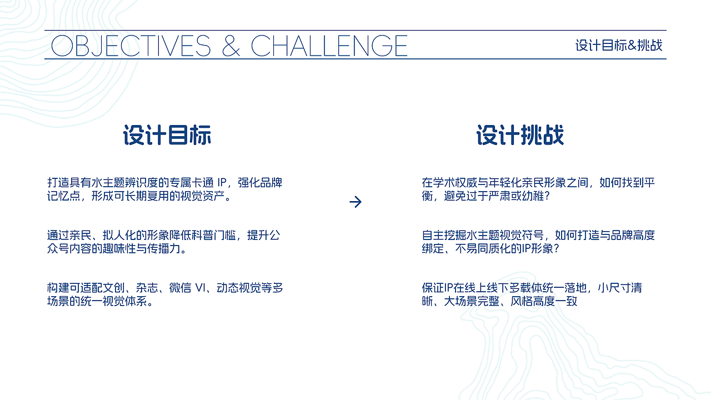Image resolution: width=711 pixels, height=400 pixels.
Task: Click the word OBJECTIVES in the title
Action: tap(131, 46)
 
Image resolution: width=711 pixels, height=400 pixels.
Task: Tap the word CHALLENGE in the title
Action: tap(329, 46)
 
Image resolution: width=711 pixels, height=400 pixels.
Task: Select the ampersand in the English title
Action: tap(231, 46)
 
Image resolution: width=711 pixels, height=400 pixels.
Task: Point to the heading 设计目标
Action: tap(167, 136)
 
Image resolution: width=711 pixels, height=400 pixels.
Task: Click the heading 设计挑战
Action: tap(520, 136)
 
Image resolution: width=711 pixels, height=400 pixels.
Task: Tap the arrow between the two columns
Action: tap(355, 202)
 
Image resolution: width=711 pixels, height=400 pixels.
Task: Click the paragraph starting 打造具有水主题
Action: tap(165, 189)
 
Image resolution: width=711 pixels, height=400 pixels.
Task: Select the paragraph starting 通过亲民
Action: tap(164, 242)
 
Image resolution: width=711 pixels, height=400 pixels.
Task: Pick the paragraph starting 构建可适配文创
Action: tap(165, 294)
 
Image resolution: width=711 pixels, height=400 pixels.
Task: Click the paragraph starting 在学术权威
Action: tap(538, 189)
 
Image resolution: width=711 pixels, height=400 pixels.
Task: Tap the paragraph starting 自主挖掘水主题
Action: tap(538, 242)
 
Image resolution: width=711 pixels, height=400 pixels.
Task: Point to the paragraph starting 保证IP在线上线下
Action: tap(532, 294)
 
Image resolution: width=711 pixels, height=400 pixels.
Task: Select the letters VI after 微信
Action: tap(201, 288)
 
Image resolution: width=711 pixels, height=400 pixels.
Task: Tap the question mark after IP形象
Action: tap(555, 249)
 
